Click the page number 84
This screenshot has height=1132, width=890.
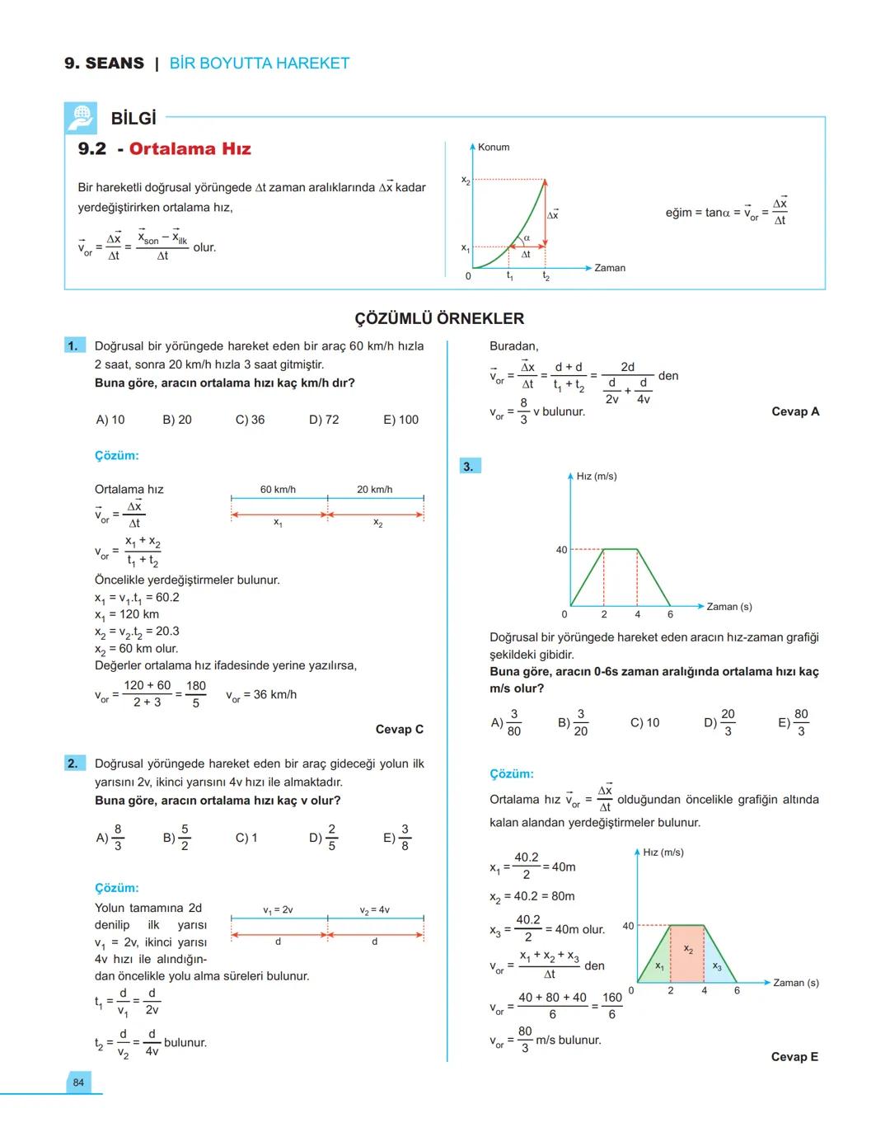click(78, 1083)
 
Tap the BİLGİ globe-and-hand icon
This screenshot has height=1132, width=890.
click(81, 119)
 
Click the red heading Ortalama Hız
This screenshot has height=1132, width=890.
click(190, 149)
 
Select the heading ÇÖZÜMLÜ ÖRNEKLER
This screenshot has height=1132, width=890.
click(439, 318)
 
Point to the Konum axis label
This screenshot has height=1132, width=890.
click(494, 147)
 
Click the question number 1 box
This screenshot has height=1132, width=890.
click(73, 346)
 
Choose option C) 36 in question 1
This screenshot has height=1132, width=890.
click(250, 420)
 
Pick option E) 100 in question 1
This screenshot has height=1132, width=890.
click(400, 420)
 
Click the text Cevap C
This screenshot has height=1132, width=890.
click(399, 729)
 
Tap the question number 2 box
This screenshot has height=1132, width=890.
click(73, 763)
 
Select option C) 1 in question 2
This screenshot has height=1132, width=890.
click(246, 838)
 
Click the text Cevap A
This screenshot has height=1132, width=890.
click(795, 411)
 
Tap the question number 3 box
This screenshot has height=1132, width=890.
click(469, 467)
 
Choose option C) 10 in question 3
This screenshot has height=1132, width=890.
click(644, 723)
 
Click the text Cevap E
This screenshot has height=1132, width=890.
click(794, 1056)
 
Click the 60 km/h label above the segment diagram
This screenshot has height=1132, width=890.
click(278, 490)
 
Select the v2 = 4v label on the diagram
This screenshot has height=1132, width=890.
click(374, 910)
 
